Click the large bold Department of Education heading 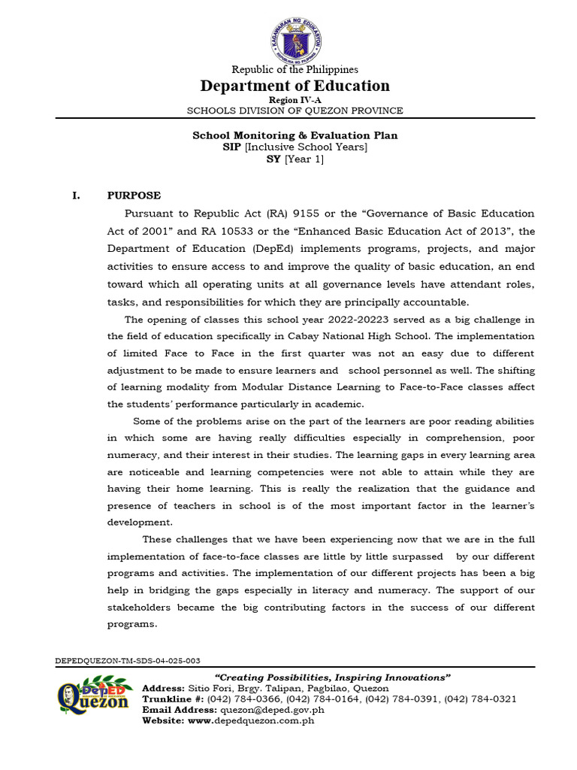pos(295,86)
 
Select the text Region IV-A pos(295,100)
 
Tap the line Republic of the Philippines pos(295,69)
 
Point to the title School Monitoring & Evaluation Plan pos(295,135)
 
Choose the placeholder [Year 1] pos(304,159)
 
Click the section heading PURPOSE pos(134,196)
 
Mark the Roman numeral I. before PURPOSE pos(75,196)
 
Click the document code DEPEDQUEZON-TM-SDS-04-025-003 pos(128,660)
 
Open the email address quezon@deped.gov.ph pos(271,709)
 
